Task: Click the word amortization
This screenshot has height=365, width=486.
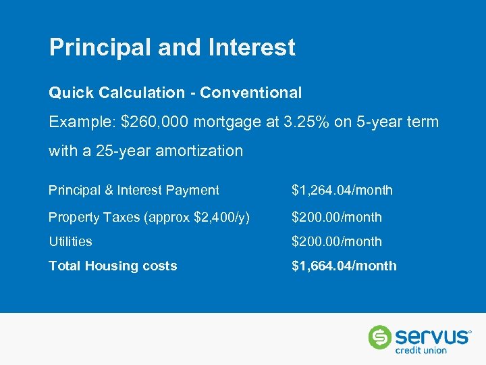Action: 199,151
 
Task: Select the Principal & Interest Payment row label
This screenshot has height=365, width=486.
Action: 134,191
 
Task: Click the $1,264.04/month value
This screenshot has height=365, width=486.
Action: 342,191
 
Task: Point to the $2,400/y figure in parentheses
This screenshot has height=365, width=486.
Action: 220,218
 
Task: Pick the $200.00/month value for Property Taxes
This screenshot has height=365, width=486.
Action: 336,218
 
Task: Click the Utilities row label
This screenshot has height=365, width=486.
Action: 70,242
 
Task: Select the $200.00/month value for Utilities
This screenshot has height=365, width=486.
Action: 336,242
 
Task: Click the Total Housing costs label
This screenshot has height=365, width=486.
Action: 113,266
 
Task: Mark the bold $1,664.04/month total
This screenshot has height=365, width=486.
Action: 344,266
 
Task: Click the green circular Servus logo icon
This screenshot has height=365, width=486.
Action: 379,337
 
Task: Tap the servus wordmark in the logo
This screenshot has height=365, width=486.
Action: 431,336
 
